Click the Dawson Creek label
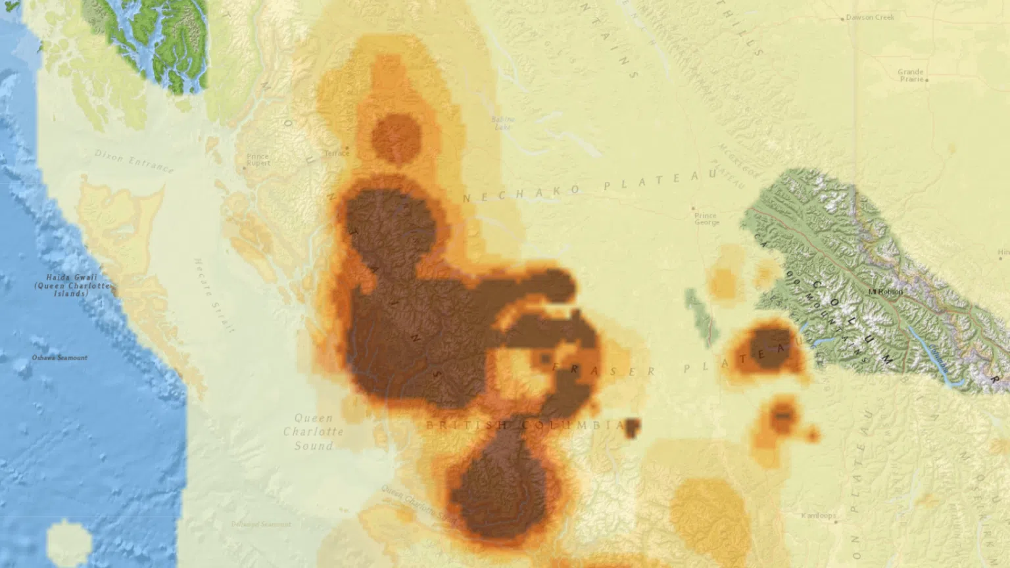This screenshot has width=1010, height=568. pyautogui.click(x=870, y=18)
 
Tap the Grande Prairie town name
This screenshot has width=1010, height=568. pyautogui.click(x=911, y=76)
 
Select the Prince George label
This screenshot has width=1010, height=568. pyautogui.click(x=706, y=219)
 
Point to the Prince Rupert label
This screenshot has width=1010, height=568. pyautogui.click(x=257, y=160)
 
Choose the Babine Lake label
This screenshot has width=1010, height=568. pyautogui.click(x=502, y=123)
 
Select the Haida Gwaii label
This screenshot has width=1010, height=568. pyautogui.click(x=72, y=285)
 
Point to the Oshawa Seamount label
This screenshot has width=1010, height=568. pyautogui.click(x=59, y=358)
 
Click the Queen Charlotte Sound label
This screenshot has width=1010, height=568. pyautogui.click(x=314, y=432)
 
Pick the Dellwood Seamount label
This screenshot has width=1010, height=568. pyautogui.click(x=260, y=524)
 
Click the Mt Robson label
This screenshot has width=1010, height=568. pyautogui.click(x=885, y=291)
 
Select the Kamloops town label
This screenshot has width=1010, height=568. pyautogui.click(x=819, y=515)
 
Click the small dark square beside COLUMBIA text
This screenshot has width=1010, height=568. pyautogui.click(x=632, y=428)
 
